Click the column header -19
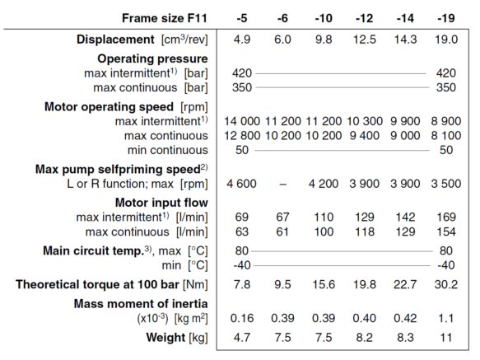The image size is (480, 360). point(445,18)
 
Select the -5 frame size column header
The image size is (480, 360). point(242,18)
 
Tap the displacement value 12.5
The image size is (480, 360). point(364,40)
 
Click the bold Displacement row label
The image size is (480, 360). point(115,40)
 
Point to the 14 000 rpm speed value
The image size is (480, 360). point(242,121)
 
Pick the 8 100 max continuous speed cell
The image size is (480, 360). point(445,136)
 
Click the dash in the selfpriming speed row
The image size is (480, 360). point(283,185)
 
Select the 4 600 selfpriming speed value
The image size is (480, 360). point(241,184)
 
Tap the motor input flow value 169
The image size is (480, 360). point(446,217)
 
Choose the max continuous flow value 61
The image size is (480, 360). point(282,232)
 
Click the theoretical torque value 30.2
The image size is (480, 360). point(446,285)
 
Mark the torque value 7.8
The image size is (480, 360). point(242,285)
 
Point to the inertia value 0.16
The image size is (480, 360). point(242,318)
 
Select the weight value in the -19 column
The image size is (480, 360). point(445,338)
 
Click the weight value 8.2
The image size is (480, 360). point(364,338)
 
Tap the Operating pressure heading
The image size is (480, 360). point(152,58)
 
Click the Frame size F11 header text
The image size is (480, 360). point(165,18)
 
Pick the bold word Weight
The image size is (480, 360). point(165,338)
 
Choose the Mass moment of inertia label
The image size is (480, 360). point(141,304)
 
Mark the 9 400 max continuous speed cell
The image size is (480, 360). point(364,136)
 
